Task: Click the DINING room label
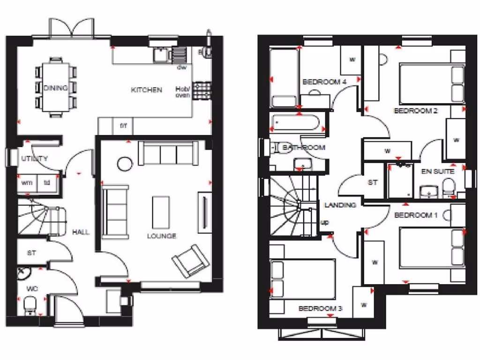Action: [55, 88]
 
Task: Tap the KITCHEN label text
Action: [146, 90]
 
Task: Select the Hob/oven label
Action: [182, 92]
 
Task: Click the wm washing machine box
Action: [26, 183]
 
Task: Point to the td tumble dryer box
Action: [47, 183]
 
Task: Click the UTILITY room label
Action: [34, 158]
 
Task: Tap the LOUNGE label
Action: [162, 236]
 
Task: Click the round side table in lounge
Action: [125, 164]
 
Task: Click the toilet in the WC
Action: [30, 305]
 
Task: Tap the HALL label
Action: [81, 232]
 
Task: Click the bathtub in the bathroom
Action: [295, 123]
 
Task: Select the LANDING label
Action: [340, 205]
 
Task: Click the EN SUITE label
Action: [437, 172]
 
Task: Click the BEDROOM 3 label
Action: [320, 308]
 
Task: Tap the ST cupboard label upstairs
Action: [373, 182]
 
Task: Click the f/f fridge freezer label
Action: [124, 126]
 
